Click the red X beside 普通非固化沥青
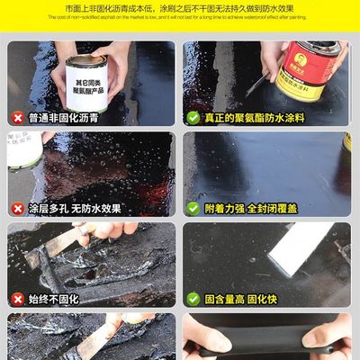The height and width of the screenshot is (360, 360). [x=16, y=117]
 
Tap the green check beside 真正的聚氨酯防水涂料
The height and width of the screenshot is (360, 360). [x=193, y=117]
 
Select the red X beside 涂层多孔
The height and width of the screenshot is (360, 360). [x=16, y=208]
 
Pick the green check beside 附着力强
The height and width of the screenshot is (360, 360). [x=193, y=208]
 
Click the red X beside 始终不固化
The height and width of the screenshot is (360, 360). [x=16, y=298]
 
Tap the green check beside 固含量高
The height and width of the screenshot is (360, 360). [x=193, y=298]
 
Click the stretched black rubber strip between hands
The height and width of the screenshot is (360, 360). [x=270, y=342]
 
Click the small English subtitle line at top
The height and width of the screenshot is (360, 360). [x=180, y=17]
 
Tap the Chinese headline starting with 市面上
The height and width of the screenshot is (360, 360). [x=180, y=7]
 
